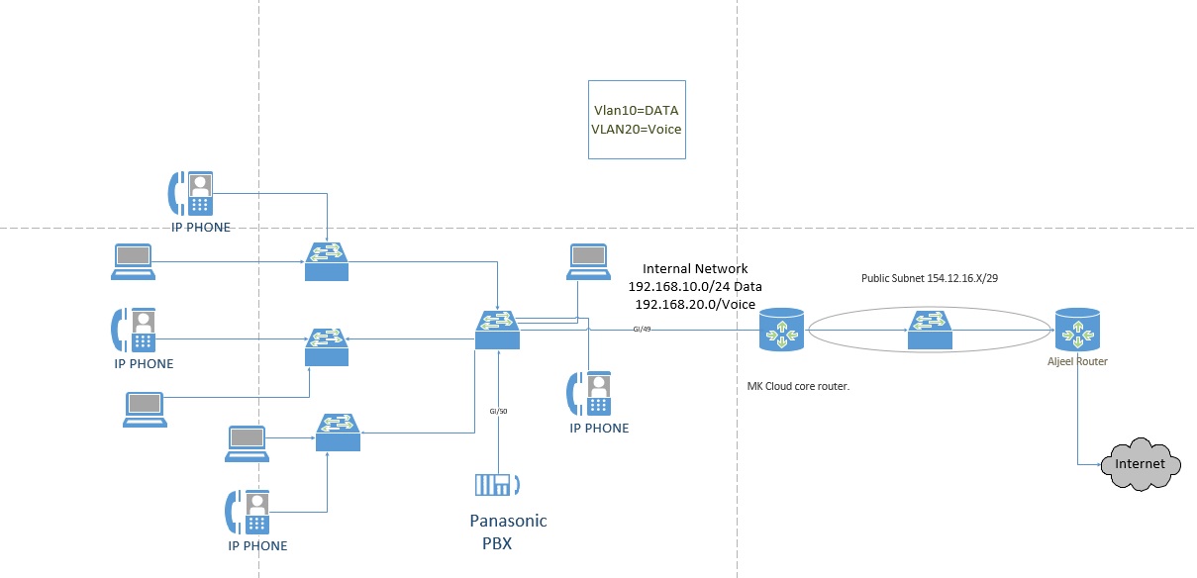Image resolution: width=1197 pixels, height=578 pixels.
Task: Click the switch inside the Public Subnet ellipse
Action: pos(930,330)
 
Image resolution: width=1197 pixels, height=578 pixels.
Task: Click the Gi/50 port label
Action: pos(498,410)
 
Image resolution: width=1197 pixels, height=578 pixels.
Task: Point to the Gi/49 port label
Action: pos(641,328)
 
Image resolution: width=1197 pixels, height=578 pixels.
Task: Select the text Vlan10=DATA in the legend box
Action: pos(636,110)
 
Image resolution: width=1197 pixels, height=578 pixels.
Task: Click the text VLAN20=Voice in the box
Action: pos(637,129)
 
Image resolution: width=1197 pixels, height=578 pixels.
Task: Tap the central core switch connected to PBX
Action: pos(497,330)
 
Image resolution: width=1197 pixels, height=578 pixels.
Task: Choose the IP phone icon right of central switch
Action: pos(590,393)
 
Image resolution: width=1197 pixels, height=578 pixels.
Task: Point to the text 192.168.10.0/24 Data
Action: pos(695,286)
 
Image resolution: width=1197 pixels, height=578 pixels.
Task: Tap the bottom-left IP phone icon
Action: pos(247,511)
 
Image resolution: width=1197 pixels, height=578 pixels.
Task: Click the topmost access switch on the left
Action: pos(328,260)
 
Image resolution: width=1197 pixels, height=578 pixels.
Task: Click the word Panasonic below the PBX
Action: pos(508,521)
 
